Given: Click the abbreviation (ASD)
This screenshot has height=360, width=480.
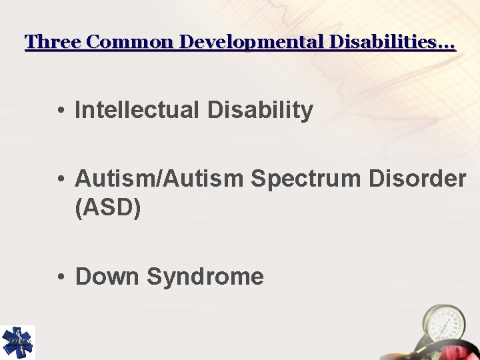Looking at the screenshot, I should (108, 208).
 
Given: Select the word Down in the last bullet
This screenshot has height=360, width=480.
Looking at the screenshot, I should (107, 276).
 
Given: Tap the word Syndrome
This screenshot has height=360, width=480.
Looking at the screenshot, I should (205, 276).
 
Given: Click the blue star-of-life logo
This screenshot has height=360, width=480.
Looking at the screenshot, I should (17, 342).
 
